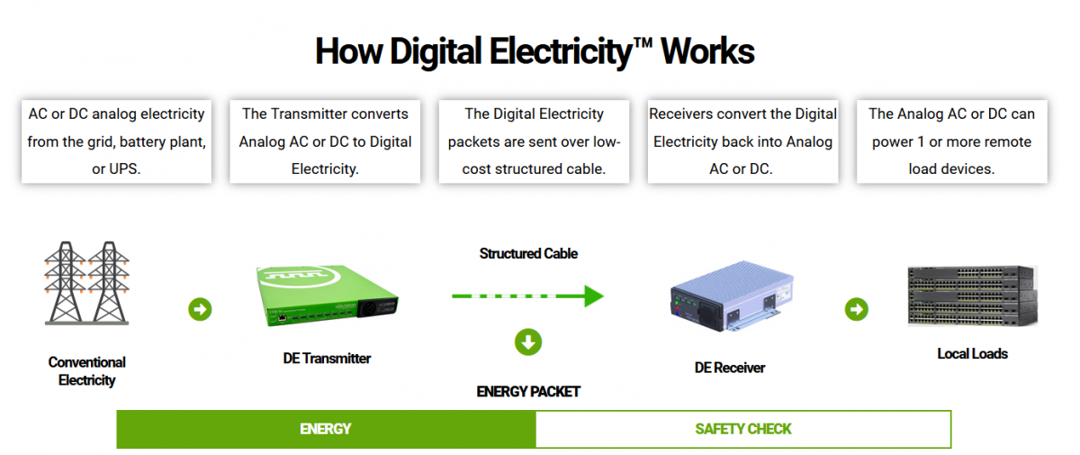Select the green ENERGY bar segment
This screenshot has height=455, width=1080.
[326, 429]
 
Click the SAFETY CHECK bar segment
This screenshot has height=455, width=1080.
[743, 429]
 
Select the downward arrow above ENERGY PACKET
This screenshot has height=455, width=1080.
[528, 341]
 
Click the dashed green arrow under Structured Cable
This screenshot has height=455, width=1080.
[527, 296]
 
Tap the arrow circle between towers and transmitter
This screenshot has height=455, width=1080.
[200, 310]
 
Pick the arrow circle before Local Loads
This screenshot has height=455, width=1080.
[857, 310]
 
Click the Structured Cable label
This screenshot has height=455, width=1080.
[528, 253]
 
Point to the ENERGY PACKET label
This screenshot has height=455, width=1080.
[528, 391]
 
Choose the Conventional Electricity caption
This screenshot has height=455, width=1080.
[86, 371]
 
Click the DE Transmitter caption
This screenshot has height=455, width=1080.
[327, 359]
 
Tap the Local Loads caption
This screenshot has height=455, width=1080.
[972, 354]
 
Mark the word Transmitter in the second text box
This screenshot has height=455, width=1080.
[311, 114]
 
